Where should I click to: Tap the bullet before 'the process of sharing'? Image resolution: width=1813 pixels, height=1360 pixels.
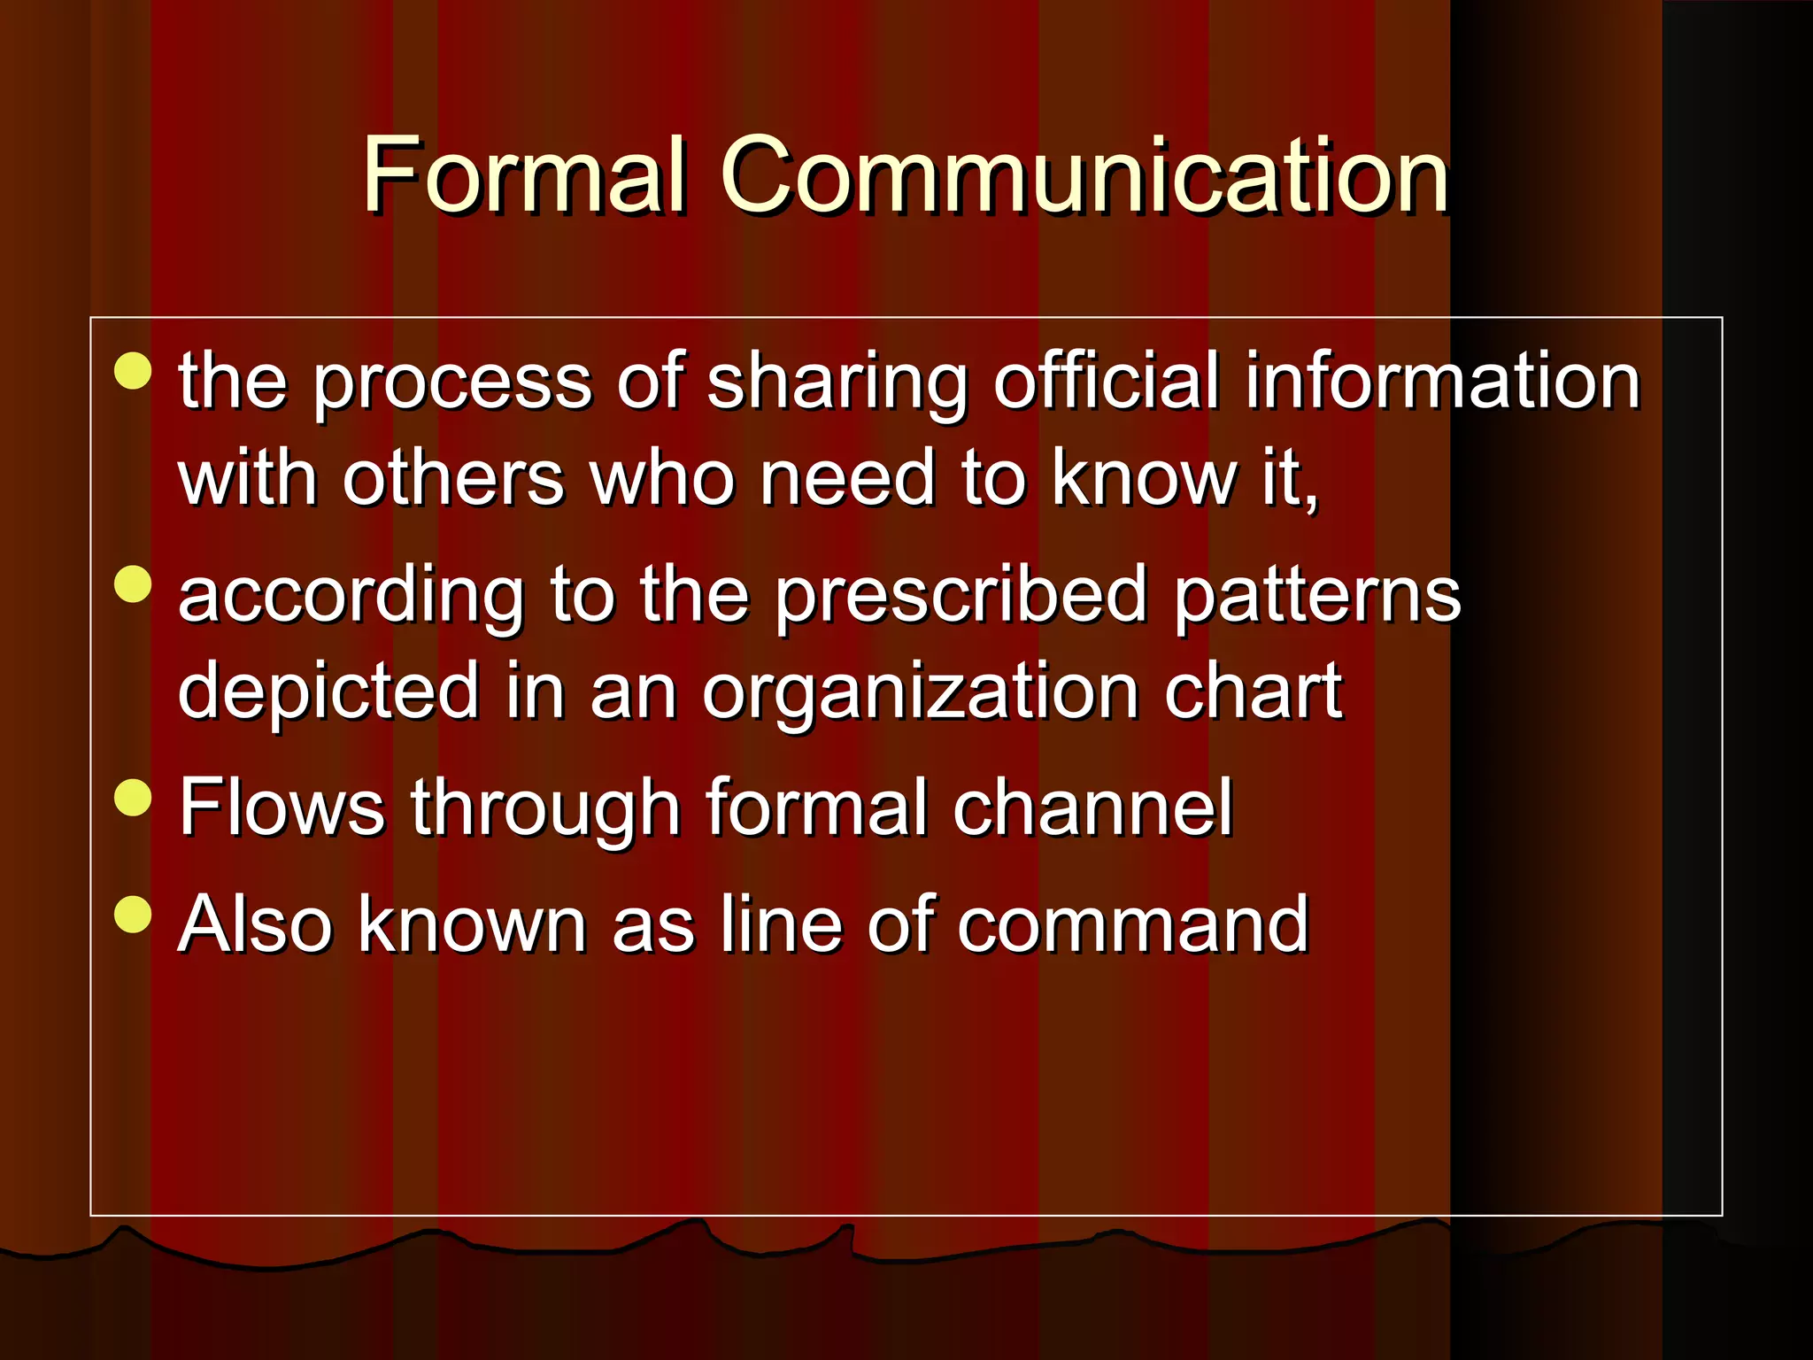click(x=134, y=371)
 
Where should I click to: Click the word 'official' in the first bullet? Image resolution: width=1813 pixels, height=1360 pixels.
click(x=1107, y=382)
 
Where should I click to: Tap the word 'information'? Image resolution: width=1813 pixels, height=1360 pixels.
click(x=1442, y=382)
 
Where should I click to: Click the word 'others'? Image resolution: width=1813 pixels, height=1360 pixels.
click(x=452, y=479)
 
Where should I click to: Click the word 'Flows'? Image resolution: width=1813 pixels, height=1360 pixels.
click(x=282, y=807)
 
